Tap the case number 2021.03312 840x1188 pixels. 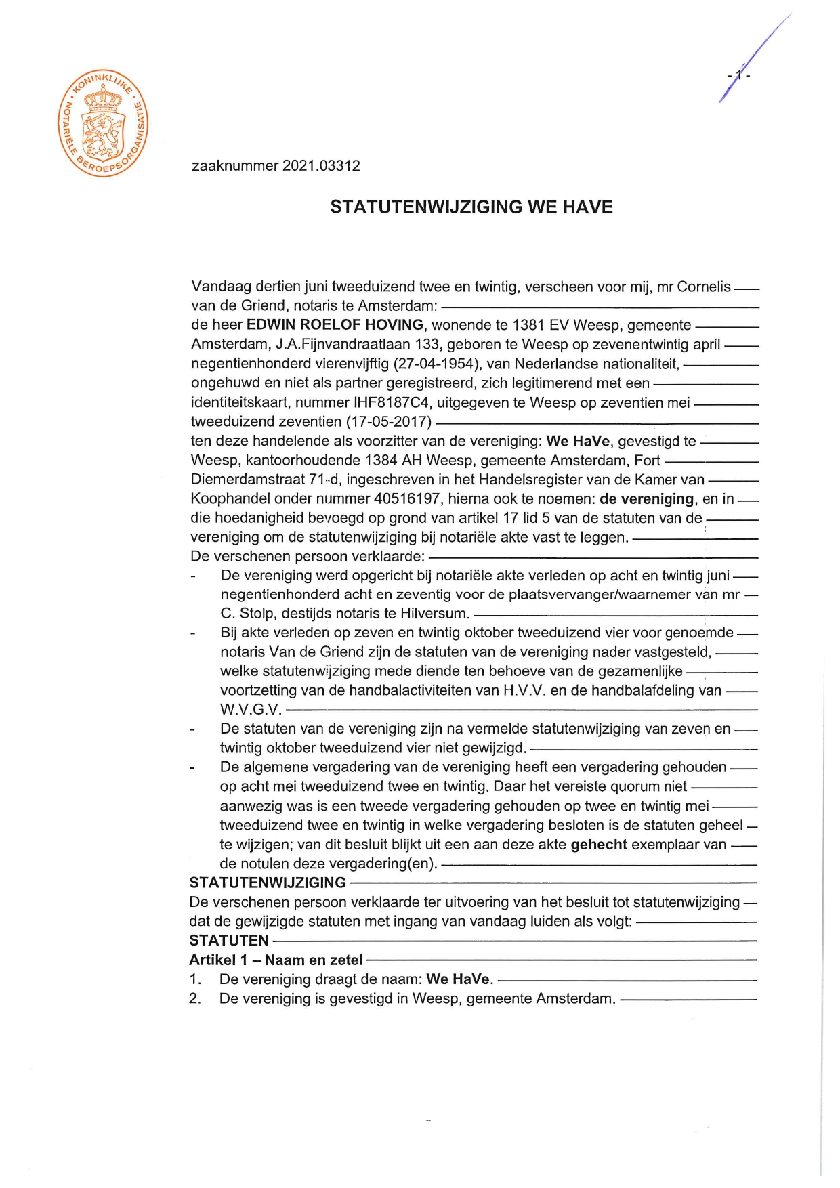tap(321, 166)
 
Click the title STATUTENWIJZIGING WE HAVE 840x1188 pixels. tap(471, 207)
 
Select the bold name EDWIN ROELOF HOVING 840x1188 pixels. tap(335, 325)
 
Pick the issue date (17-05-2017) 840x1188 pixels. tap(389, 422)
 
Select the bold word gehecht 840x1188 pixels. tap(599, 845)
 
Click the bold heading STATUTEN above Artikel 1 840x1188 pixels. tap(229, 941)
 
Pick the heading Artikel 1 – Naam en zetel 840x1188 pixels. tap(276, 960)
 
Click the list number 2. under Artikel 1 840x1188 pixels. tap(195, 998)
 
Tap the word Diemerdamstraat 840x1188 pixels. tap(248, 480)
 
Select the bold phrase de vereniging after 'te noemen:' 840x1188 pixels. tap(647, 499)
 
